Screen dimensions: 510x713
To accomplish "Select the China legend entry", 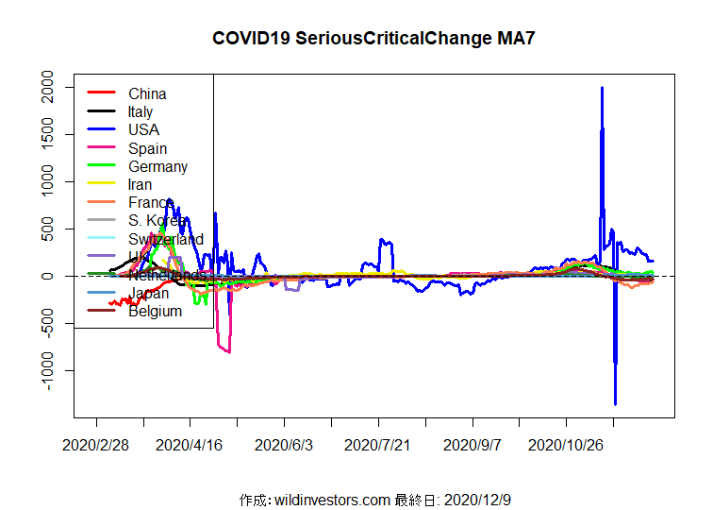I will coord(147,93).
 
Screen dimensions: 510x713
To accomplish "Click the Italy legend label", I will coord(141,111).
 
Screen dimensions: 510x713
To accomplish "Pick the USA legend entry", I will coord(144,129).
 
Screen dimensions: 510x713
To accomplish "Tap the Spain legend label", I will coord(148,148).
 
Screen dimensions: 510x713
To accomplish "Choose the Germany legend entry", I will coord(158,166).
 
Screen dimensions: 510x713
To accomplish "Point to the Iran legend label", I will coord(141,184).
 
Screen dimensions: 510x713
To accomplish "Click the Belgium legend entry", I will coord(155,311).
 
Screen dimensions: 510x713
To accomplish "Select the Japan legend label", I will coord(149,293).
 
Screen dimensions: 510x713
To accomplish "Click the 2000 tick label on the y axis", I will coord(44,88).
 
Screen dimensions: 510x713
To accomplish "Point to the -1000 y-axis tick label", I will coord(44,370).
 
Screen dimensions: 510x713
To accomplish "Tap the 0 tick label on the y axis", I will coord(44,276).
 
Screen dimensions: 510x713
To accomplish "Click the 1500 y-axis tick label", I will coord(44,135).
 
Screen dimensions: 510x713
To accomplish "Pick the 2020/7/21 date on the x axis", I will coord(378,444).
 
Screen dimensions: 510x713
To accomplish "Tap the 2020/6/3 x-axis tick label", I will coord(284,444).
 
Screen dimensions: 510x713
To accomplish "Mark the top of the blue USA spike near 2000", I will coord(602,88).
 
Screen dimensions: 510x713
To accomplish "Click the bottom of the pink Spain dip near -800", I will coord(228,351).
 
